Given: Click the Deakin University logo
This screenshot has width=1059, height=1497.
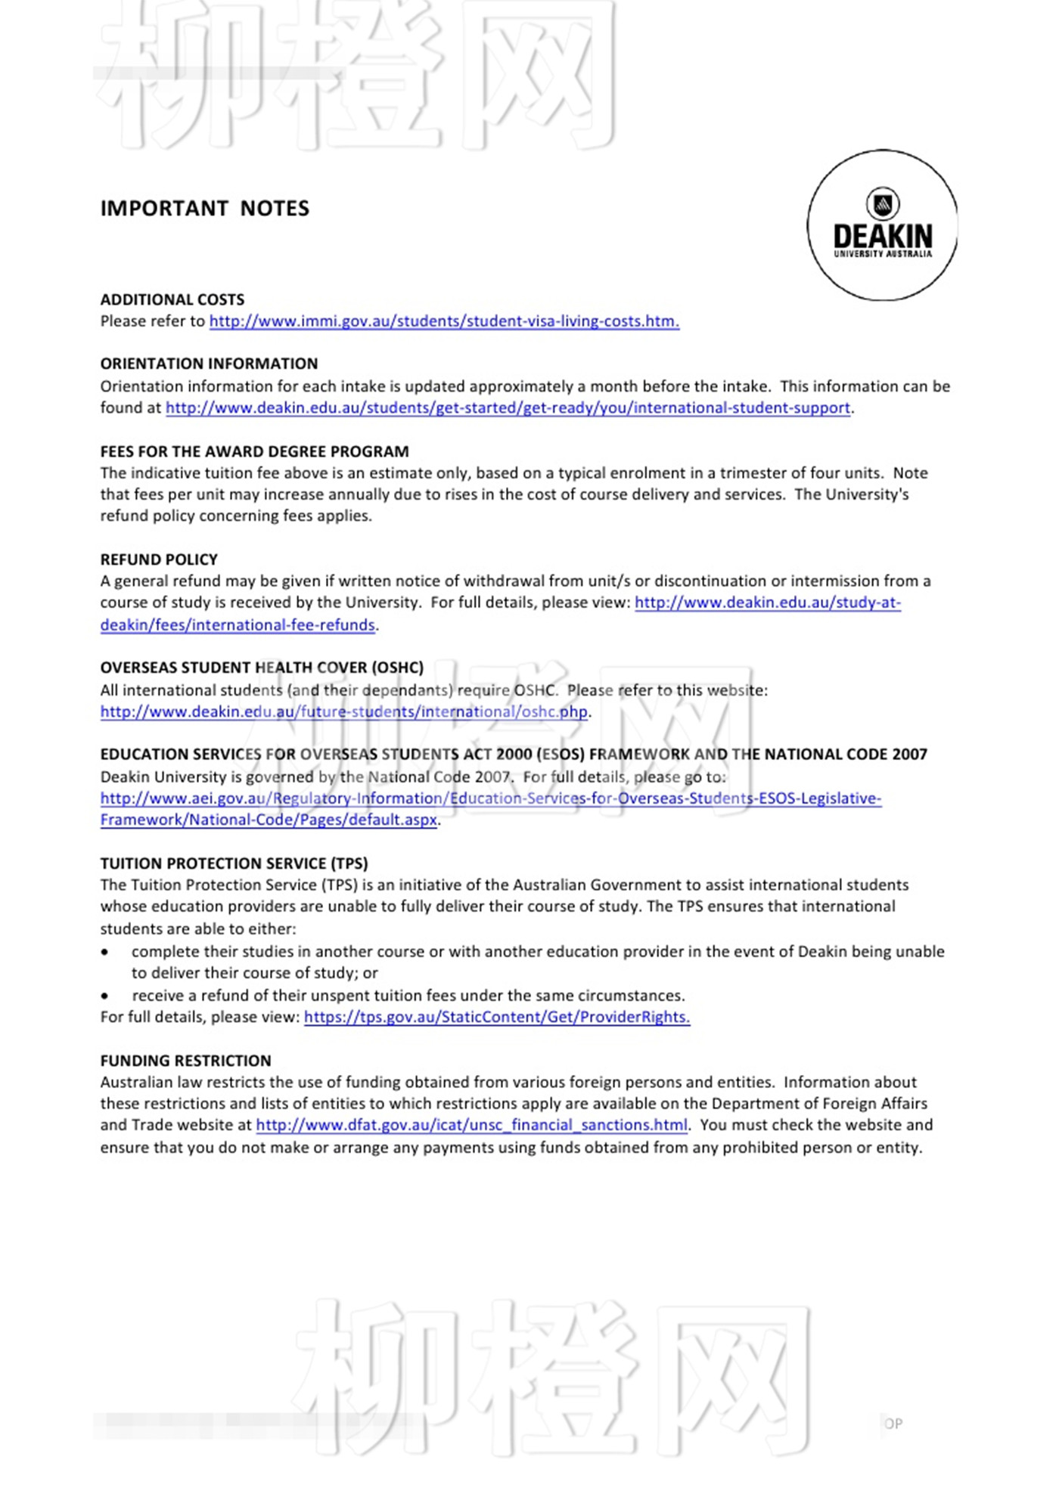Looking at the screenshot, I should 882,225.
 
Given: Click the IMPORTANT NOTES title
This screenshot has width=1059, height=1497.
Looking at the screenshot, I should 205,209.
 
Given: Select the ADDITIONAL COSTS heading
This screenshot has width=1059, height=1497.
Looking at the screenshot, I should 172,299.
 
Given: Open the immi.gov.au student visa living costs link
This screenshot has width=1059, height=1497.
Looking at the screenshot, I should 444,321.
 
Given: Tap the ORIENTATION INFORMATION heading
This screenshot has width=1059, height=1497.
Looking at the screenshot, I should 209,364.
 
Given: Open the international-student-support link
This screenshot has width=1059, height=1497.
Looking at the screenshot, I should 508,408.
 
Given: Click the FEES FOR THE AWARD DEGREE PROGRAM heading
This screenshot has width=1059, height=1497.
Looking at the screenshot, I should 254,451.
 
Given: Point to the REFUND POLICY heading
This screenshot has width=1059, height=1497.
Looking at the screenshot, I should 159,559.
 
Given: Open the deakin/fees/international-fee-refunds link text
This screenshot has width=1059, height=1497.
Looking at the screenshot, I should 238,625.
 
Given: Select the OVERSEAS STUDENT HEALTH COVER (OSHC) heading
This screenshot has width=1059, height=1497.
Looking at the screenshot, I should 262,668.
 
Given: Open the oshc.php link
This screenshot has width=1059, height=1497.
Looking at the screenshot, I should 343,712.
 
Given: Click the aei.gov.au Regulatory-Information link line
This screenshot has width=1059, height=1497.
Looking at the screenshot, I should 490,798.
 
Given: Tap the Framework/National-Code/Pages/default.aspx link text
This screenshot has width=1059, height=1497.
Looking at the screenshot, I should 269,820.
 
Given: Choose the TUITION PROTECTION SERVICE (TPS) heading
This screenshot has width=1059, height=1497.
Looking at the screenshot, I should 234,863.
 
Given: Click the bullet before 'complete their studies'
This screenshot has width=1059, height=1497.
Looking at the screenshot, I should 105,952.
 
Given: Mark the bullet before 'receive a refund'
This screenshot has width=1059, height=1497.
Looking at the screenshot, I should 105,996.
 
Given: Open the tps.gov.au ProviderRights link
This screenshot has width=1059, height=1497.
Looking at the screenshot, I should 496,1018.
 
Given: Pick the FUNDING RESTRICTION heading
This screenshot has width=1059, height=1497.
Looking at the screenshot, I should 185,1061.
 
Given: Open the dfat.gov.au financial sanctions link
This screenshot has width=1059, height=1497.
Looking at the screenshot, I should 471,1126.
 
